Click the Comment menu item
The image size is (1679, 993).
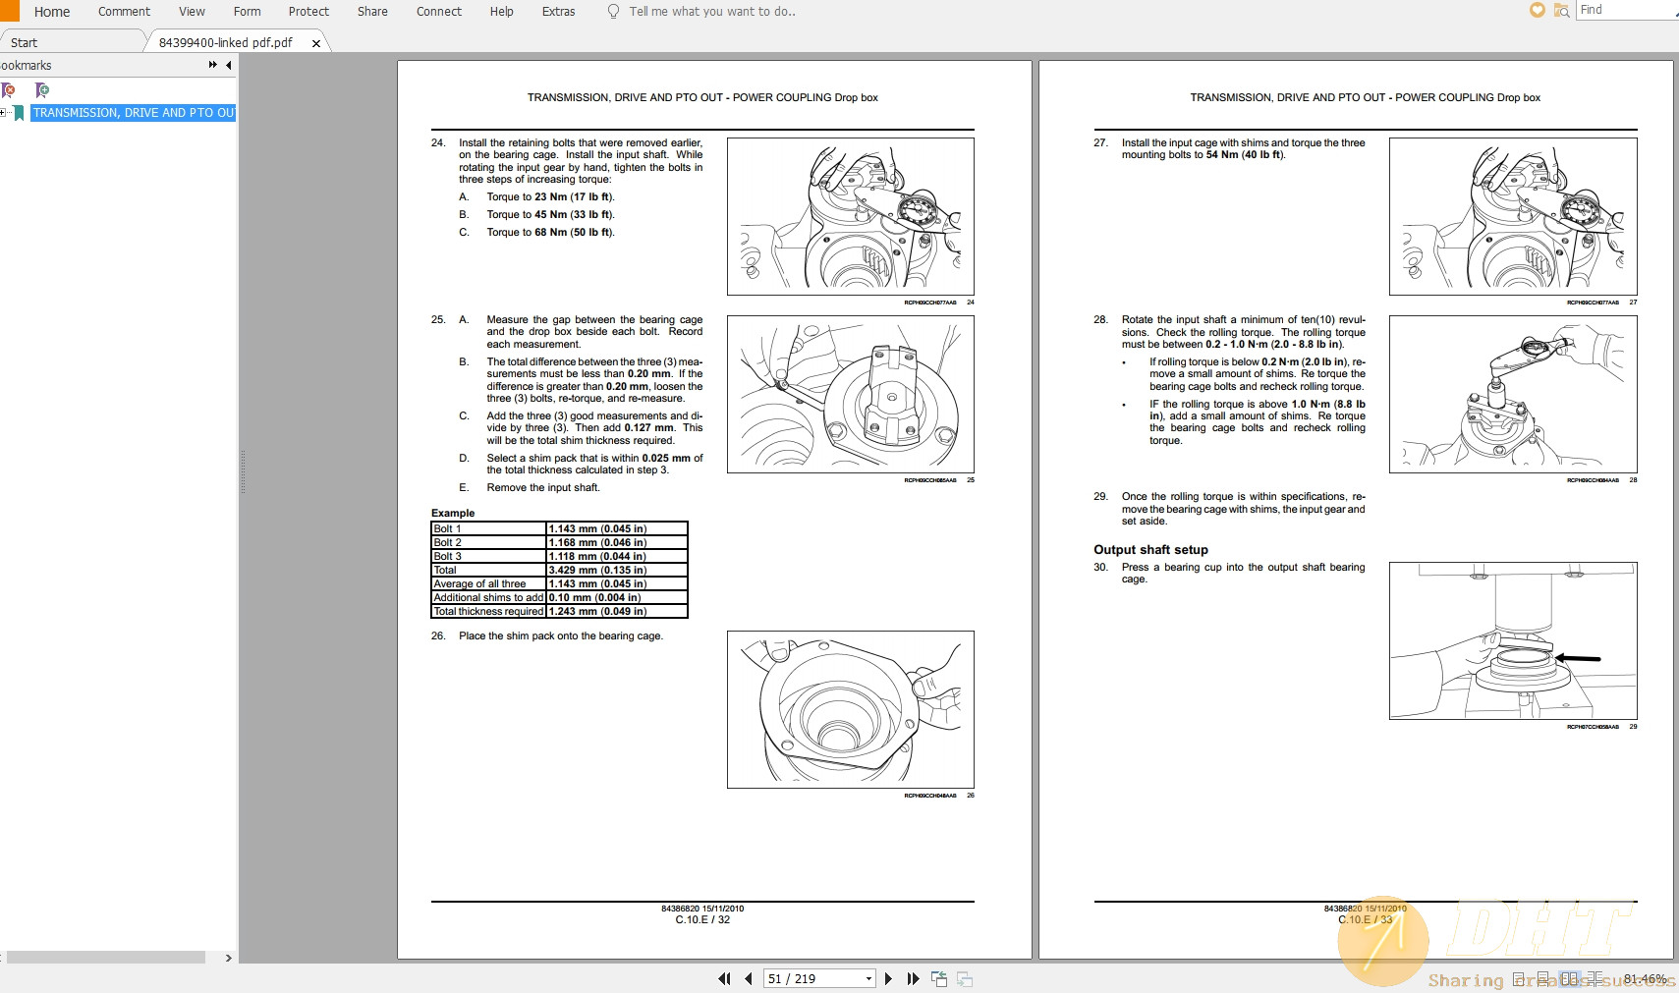[124, 12]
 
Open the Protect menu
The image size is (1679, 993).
[308, 12]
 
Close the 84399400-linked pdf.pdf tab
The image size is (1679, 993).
[316, 43]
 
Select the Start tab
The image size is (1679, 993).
[25, 43]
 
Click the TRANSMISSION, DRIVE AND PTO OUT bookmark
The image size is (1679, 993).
[134, 113]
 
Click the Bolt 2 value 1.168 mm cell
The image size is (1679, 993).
[597, 542]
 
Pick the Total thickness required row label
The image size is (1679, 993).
[488, 611]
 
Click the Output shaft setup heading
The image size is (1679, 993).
[1150, 550]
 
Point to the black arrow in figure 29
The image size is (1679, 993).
[1579, 658]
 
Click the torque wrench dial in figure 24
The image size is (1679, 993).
[919, 209]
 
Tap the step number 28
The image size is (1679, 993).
[1100, 320]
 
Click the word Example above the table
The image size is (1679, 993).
[453, 513]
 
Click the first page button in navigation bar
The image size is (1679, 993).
[724, 979]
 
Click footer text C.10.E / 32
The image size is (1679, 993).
[702, 920]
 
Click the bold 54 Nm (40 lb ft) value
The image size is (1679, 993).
[1245, 155]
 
